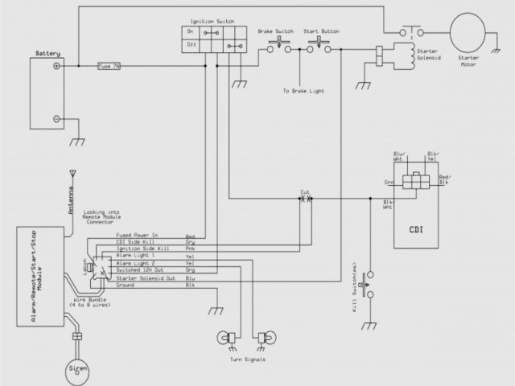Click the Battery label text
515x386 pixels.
pos(47,54)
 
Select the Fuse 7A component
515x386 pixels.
pos(109,67)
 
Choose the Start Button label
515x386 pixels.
pos(320,31)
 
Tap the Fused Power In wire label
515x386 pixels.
pos(138,236)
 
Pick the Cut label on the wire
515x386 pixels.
pos(305,192)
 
